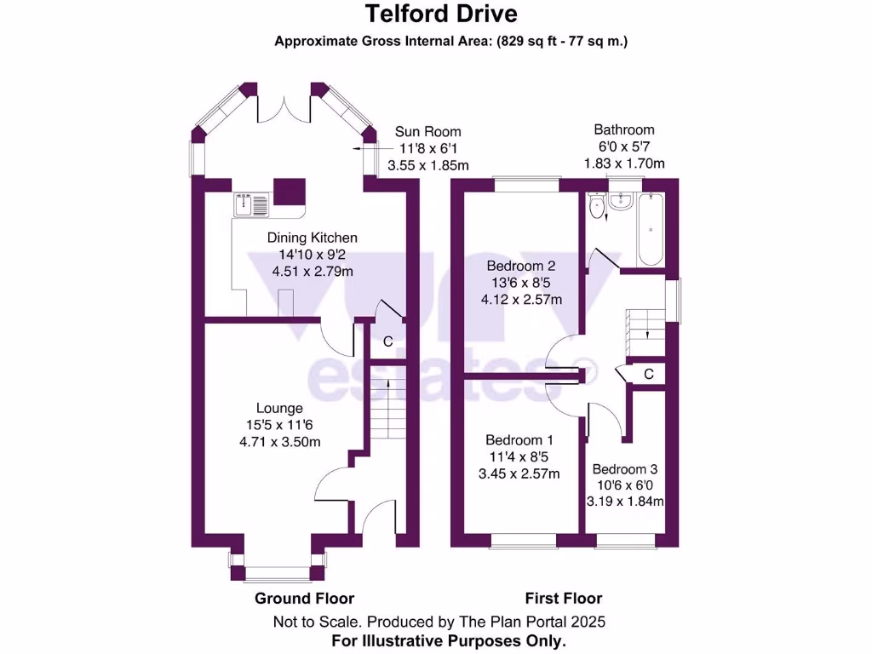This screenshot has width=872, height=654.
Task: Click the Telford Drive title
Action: [440, 14]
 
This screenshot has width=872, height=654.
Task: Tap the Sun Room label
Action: [427, 132]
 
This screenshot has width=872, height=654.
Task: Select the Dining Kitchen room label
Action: [312, 238]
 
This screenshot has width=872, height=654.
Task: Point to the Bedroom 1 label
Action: [519, 440]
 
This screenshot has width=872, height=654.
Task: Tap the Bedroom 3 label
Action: [625, 469]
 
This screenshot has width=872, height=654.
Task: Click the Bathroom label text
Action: [624, 129]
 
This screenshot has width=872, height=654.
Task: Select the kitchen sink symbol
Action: [250, 204]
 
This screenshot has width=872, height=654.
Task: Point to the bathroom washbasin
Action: [620, 201]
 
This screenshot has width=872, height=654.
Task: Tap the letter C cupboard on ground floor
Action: [388, 342]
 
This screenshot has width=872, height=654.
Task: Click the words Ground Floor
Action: [304, 599]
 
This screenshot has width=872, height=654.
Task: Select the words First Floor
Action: [563, 599]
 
